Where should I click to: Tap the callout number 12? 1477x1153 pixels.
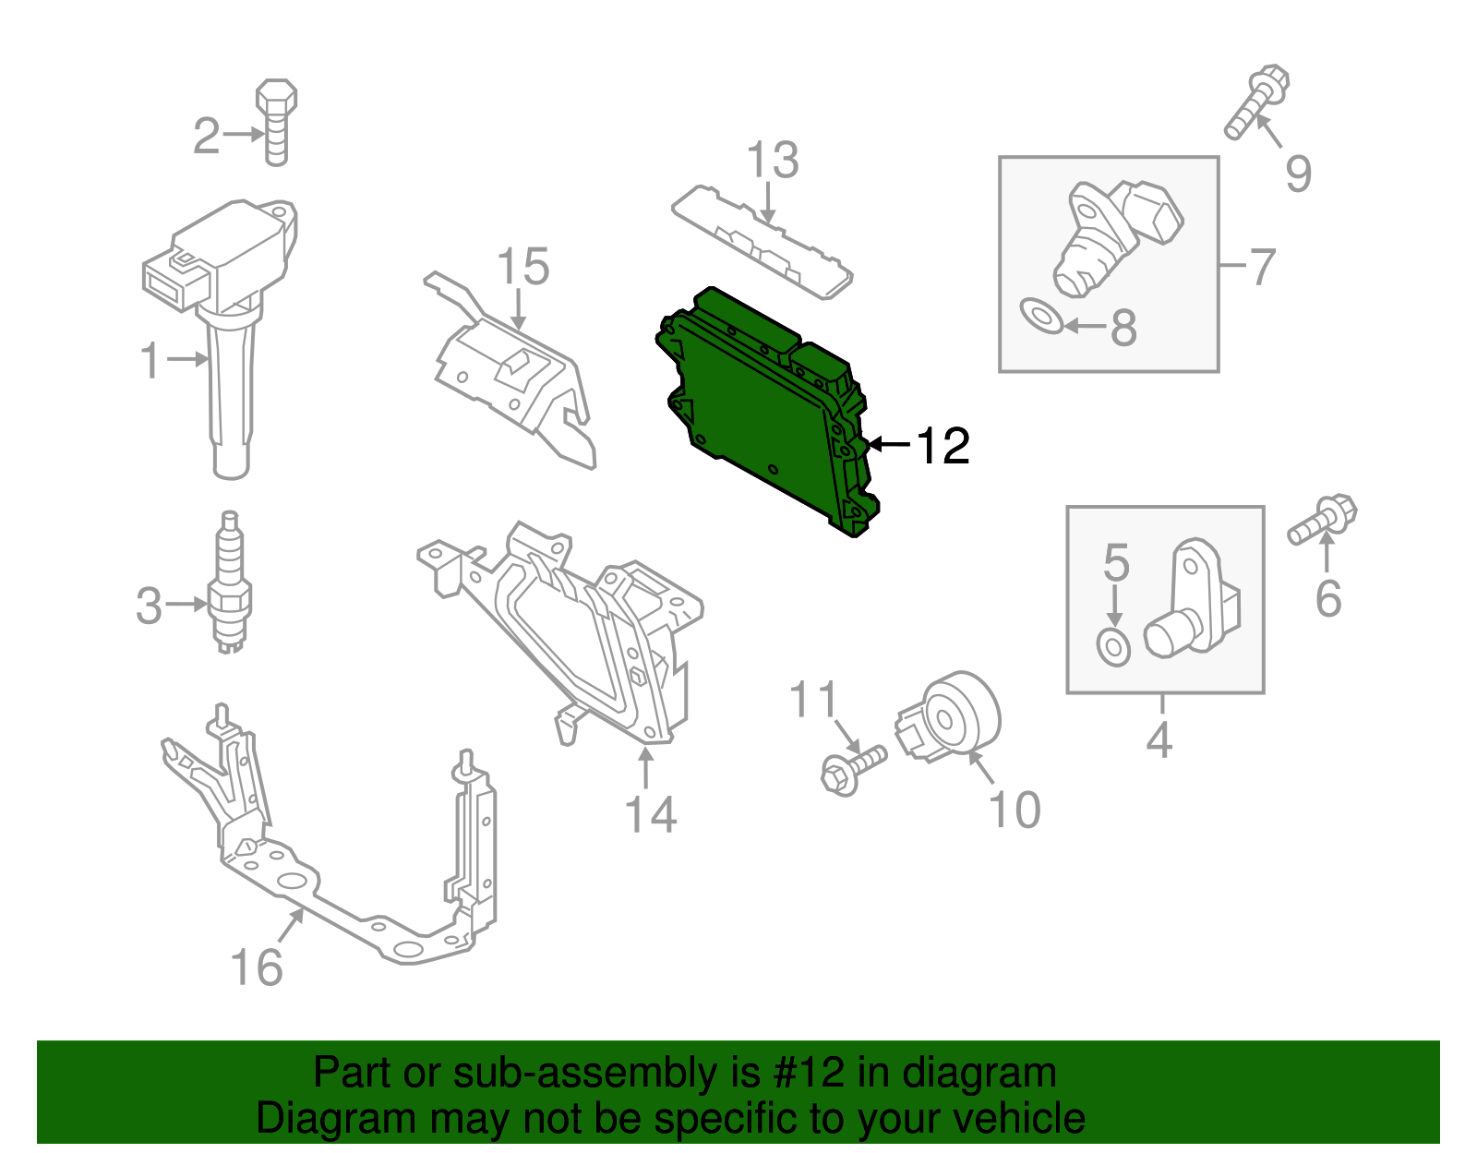point(943,446)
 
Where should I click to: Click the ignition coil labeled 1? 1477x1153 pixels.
point(226,314)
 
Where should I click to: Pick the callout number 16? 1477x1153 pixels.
point(256,967)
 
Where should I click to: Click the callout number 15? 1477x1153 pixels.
point(522,267)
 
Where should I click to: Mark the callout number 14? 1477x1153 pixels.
point(651,814)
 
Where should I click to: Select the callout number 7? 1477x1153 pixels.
point(1262,266)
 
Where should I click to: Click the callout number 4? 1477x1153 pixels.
point(1159,740)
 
